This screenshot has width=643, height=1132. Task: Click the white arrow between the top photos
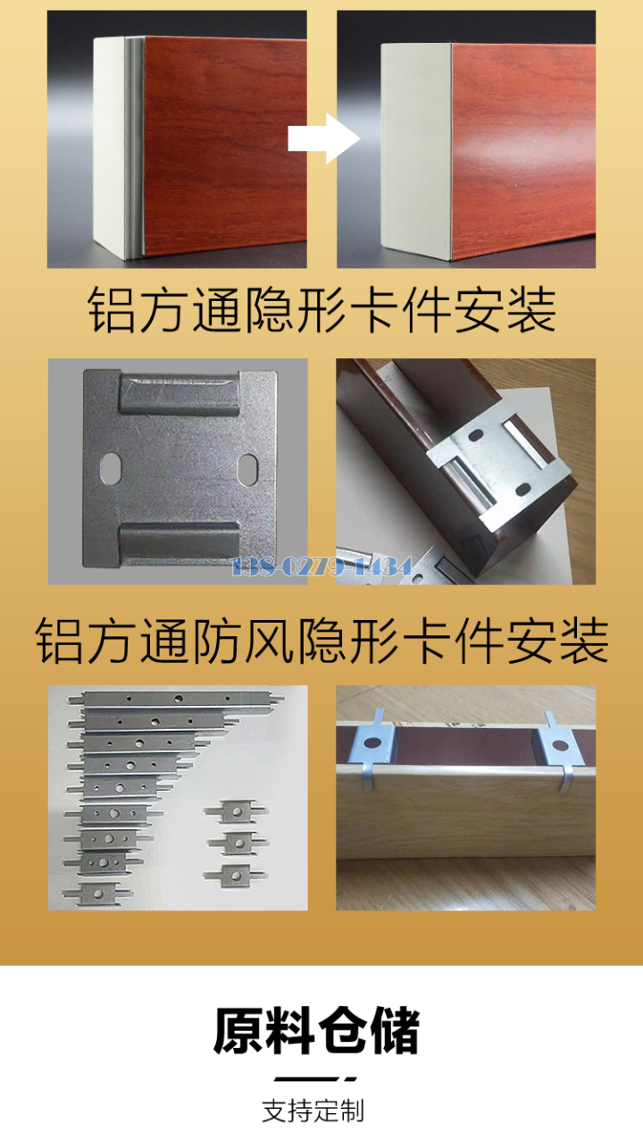[324, 138]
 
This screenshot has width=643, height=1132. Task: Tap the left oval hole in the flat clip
[111, 468]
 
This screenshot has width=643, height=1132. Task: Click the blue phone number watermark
[321, 566]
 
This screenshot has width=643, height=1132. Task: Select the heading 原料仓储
[317, 1030]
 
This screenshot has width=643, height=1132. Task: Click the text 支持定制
[313, 1111]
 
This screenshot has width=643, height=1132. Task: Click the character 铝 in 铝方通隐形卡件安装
[111, 309]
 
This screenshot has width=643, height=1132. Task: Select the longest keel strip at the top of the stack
[176, 699]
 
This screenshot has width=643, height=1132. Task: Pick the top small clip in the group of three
[236, 812]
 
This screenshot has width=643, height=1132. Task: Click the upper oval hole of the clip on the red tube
[475, 434]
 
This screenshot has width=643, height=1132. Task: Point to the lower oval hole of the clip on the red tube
[522, 489]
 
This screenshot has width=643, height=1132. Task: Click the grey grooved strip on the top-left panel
[134, 147]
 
